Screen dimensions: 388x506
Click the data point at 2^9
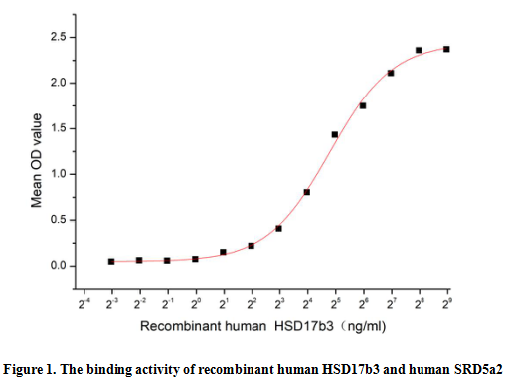[446, 49]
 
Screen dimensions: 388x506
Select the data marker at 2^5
[335, 134]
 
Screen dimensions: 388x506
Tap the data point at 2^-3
[111, 261]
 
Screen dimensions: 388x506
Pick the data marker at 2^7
[391, 73]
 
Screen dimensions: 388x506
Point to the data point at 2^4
[307, 192]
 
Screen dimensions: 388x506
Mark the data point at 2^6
[363, 105]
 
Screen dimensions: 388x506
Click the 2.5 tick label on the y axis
[59, 37]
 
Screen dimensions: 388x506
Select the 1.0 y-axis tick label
[59, 174]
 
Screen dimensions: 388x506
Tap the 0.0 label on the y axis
[59, 266]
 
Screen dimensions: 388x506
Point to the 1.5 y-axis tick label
[59, 128]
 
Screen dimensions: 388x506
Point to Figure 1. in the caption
[34, 368]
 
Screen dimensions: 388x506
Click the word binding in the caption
[114, 368]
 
